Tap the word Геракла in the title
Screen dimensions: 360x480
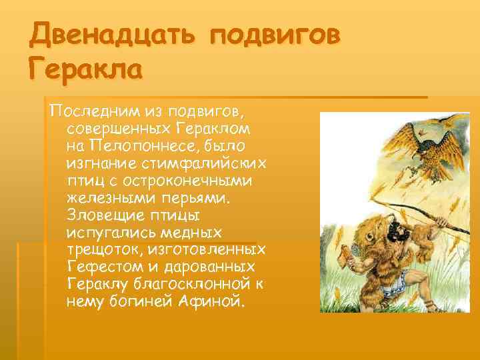tap(86, 67)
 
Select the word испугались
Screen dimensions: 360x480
tap(105, 232)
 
